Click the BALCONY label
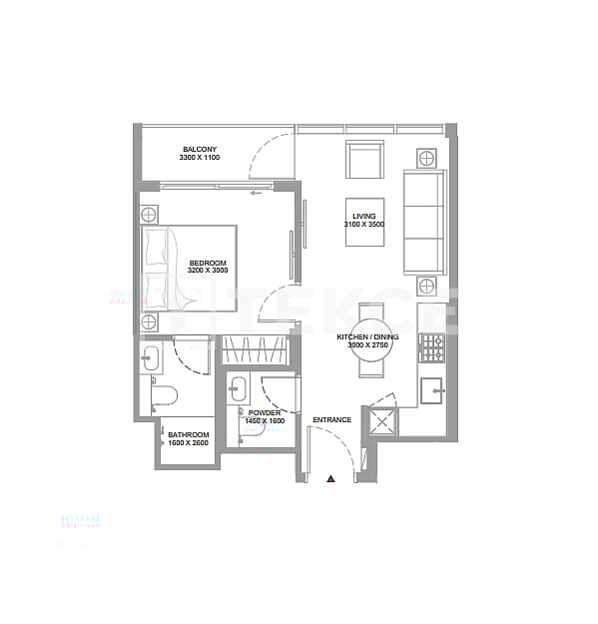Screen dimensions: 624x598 pyautogui.click(x=200, y=149)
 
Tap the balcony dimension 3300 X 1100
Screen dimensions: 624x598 pyautogui.click(x=199, y=159)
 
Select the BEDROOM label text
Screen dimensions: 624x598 pyautogui.click(x=208, y=262)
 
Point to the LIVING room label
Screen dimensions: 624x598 pyautogui.click(x=363, y=216)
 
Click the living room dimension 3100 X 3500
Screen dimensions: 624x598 pyautogui.click(x=363, y=226)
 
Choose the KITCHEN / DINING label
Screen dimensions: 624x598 pyautogui.click(x=367, y=337)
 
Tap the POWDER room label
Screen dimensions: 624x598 pyautogui.click(x=265, y=412)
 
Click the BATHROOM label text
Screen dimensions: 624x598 pyautogui.click(x=188, y=434)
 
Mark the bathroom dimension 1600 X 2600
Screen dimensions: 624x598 pyautogui.click(x=188, y=443)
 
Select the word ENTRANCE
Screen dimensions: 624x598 pyautogui.click(x=331, y=419)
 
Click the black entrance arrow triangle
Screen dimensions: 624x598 pyautogui.click(x=331, y=479)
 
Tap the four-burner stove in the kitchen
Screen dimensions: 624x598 pyautogui.click(x=431, y=347)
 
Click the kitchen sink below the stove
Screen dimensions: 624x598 pyautogui.click(x=432, y=390)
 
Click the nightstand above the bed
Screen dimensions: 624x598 pyautogui.click(x=149, y=213)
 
